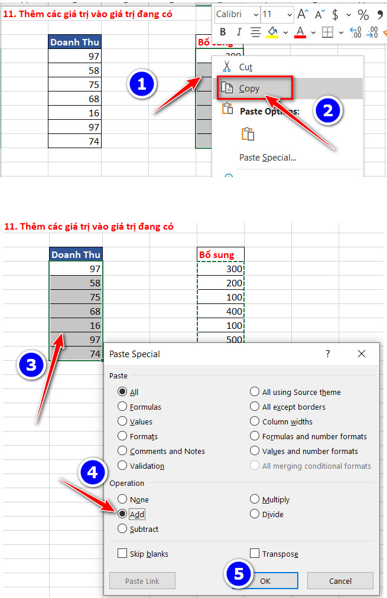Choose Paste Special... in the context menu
(x=268, y=158)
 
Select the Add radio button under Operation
(x=122, y=514)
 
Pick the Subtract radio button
(x=122, y=528)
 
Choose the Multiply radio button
(x=255, y=499)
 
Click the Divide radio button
(x=255, y=514)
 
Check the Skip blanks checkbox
(x=122, y=553)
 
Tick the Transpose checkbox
(x=255, y=553)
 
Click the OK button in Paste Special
(x=265, y=581)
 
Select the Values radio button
(x=122, y=421)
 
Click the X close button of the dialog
(x=362, y=354)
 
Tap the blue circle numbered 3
(x=31, y=365)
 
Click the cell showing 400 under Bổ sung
(x=220, y=311)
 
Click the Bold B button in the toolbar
(x=223, y=32)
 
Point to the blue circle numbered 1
(x=142, y=84)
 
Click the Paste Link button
(x=142, y=581)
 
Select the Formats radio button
(x=122, y=436)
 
